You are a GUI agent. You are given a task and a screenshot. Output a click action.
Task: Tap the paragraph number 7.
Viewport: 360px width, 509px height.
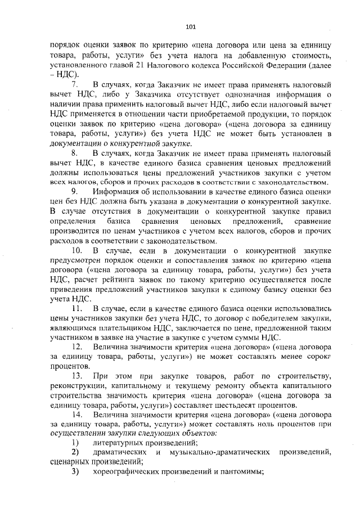74,84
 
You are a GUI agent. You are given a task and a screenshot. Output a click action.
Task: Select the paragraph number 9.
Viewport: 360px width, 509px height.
74,192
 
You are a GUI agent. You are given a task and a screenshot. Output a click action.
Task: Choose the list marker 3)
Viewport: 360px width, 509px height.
75,471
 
